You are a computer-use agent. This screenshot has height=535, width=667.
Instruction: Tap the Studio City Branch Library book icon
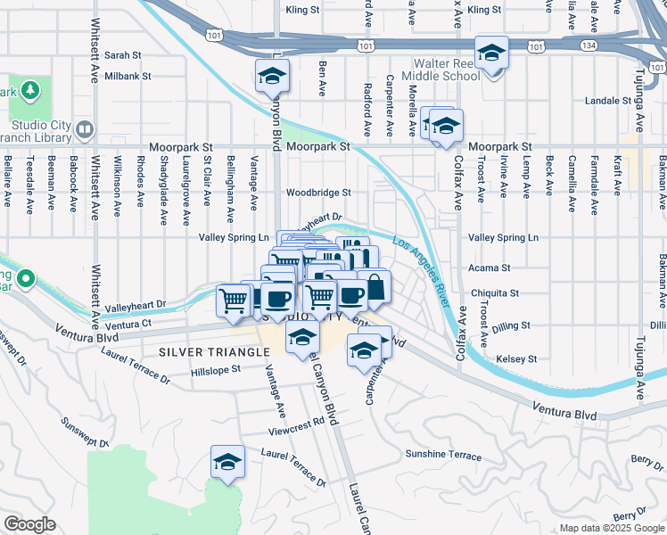pyautogui.click(x=85, y=130)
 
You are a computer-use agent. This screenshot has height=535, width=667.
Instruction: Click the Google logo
pyautogui.click(x=29, y=524)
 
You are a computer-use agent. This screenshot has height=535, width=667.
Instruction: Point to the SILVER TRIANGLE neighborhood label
pyautogui.click(x=214, y=352)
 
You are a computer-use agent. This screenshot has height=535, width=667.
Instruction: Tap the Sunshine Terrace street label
pyautogui.click(x=443, y=454)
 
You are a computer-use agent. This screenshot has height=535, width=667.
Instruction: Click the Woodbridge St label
pyautogui.click(x=318, y=192)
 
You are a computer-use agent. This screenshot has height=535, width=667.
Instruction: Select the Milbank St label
pyautogui.click(x=129, y=78)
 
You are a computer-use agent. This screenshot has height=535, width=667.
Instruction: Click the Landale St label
pyautogui.click(x=609, y=101)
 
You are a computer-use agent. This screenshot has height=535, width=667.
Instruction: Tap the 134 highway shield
pyautogui.click(x=567, y=45)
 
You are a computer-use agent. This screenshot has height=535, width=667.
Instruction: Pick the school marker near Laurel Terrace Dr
pyautogui.click(x=227, y=462)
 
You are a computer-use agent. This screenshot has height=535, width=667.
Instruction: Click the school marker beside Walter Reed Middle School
pyautogui.click(x=490, y=53)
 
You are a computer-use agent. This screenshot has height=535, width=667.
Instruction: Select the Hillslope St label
pyautogui.click(x=217, y=367)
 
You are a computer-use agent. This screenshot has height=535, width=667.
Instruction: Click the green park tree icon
pyautogui.click(x=29, y=90)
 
